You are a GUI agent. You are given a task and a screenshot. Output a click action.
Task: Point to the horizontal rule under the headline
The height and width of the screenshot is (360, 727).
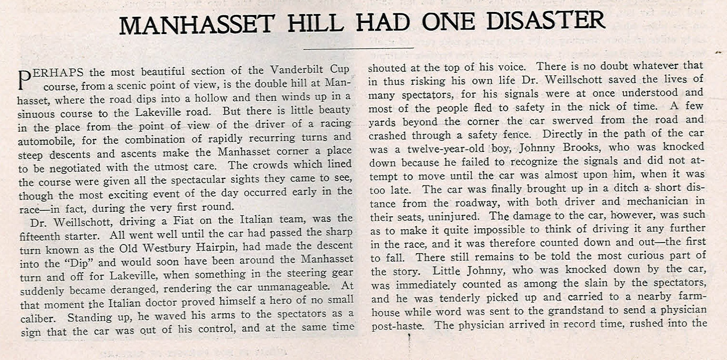pyautogui.click(x=359, y=48)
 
